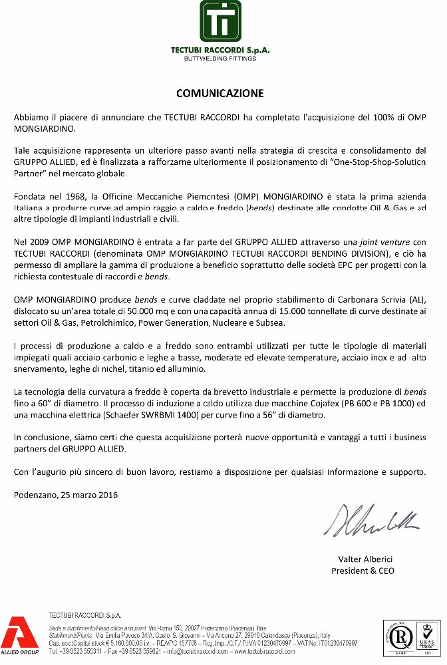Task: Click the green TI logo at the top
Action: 221,22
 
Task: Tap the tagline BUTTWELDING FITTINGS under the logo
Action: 221,59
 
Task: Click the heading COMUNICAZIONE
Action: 220,93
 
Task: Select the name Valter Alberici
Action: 363,560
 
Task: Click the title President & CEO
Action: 363,571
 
